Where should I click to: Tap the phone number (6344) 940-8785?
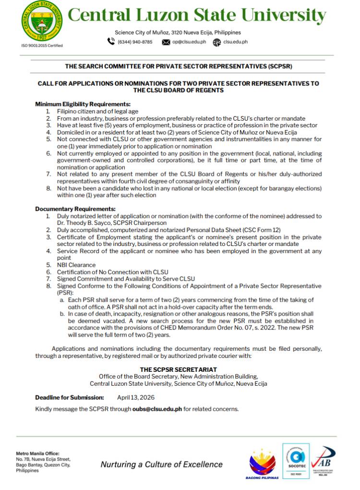pyautogui.click(x=135, y=42)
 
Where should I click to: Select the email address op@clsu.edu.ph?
pyautogui.click(x=189, y=42)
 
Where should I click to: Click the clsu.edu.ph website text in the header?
pyautogui.click(x=236, y=42)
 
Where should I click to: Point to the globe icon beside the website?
pyautogui.click(x=217, y=42)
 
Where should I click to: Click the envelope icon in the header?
pyautogui.click(x=166, y=42)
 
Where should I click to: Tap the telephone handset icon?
pyautogui.click(x=111, y=42)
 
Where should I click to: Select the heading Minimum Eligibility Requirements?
pyautogui.click(x=83, y=104)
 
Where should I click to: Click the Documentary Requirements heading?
pyautogui.click(x=75, y=209)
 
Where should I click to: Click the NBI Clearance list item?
pyautogui.click(x=76, y=265)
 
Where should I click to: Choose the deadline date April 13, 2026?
pyautogui.click(x=136, y=398)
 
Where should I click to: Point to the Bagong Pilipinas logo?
pyautogui.click(x=262, y=464)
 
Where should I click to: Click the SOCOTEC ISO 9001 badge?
pyautogui.click(x=296, y=461)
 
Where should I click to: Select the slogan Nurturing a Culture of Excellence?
pyautogui.click(x=161, y=464)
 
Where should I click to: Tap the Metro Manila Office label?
pyautogui.click(x=37, y=453)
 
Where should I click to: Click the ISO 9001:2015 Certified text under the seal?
pyautogui.click(x=42, y=46)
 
